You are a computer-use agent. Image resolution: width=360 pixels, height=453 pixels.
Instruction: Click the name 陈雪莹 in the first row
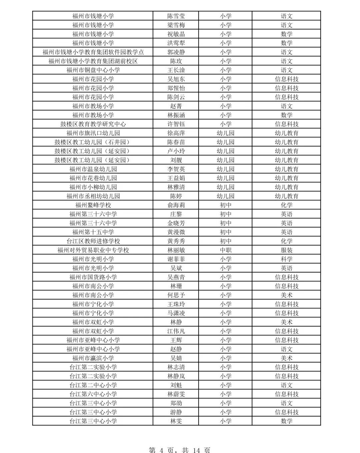coord(176,16)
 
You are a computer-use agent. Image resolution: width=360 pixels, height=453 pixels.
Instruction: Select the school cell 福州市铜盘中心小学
coord(93,70)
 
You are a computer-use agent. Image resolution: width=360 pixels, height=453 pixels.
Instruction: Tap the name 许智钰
coord(176,124)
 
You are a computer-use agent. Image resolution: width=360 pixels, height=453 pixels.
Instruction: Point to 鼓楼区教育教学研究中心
coord(93,124)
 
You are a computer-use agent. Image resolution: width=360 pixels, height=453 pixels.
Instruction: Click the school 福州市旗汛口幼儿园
coord(93,133)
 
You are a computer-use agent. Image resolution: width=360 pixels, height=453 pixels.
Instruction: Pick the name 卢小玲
coord(176,151)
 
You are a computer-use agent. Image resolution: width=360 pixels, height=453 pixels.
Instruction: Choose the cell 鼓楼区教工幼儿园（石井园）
coord(93,142)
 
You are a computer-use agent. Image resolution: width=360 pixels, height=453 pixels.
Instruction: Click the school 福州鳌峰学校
coord(93,205)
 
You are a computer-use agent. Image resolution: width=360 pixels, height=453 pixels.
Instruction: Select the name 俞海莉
coord(176,205)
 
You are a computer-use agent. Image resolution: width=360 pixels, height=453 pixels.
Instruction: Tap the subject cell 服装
coord(286,250)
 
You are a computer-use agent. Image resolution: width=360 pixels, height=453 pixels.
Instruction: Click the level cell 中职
coord(226,250)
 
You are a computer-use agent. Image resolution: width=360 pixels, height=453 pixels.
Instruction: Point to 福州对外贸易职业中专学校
coord(93,250)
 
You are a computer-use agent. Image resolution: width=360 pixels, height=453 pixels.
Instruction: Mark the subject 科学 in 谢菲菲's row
coord(286,259)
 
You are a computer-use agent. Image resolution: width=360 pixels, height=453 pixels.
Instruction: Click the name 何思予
coord(176,295)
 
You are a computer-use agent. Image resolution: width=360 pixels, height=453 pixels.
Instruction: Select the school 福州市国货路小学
coord(93,277)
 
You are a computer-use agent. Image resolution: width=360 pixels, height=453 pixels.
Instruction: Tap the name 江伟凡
coord(176,331)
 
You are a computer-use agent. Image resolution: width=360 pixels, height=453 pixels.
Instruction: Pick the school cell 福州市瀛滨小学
coord(93,358)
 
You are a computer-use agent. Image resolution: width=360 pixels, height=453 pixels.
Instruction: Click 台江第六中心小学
coord(93,394)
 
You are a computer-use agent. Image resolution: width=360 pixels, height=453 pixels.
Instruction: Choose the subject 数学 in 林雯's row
coord(286,421)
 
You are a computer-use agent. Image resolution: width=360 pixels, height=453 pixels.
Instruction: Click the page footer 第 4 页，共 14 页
coord(180,450)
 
